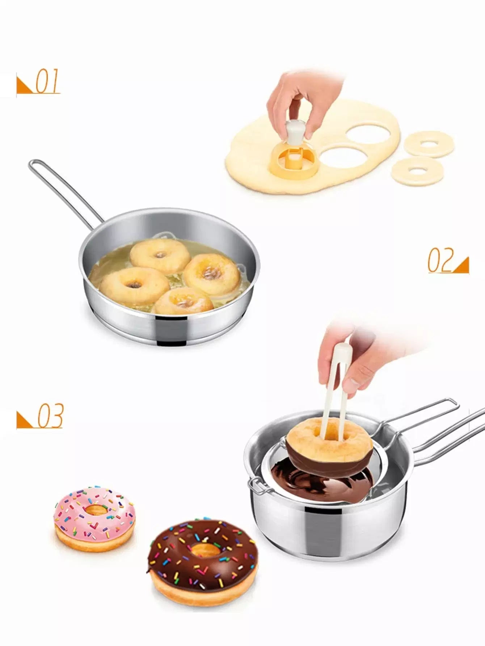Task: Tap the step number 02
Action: pyautogui.click(x=440, y=260)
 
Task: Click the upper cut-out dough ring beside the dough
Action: pyautogui.click(x=429, y=144)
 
